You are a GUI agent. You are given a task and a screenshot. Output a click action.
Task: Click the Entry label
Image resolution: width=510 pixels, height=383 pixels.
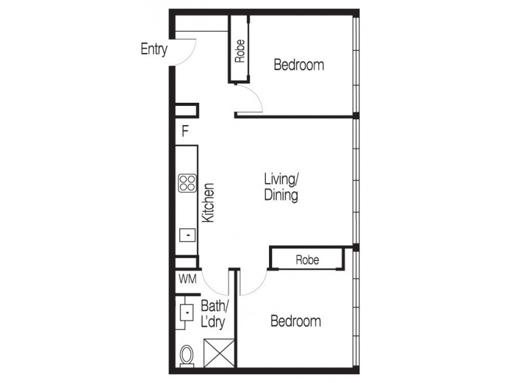(154, 49)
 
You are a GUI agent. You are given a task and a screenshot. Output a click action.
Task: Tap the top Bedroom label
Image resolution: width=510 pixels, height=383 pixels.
(298, 64)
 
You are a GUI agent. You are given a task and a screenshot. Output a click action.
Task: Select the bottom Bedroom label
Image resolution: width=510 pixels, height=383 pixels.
(295, 321)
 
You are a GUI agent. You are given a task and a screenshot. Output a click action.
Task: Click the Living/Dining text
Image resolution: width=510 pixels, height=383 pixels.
(281, 187)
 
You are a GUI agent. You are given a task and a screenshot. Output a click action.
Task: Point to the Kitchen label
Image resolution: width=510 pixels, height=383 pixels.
(208, 203)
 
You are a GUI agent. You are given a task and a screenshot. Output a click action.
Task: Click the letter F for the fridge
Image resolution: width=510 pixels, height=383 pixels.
(185, 131)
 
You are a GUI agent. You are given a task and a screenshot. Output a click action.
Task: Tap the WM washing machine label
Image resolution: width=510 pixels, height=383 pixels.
(187, 279)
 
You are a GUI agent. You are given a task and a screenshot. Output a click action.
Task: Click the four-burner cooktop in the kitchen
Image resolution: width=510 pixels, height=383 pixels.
(187, 184)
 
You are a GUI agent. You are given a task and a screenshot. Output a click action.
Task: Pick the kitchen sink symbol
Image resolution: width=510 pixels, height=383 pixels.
(187, 235)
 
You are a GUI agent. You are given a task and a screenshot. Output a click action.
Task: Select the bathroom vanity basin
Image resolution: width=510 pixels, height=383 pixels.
(187, 313)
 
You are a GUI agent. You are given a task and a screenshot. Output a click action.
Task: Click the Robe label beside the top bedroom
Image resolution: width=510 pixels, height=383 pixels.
(240, 51)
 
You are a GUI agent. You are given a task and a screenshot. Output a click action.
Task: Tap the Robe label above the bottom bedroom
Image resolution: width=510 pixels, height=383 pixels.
(307, 260)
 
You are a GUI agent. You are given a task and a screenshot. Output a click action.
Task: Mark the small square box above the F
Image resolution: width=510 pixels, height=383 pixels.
(187, 110)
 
